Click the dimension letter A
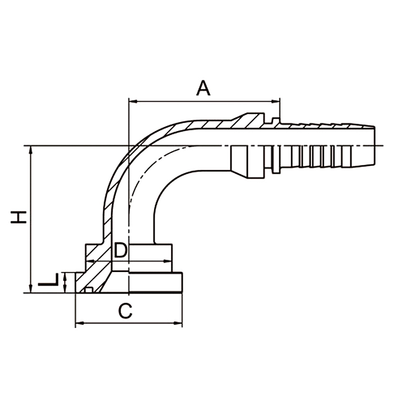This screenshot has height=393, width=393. [203, 88]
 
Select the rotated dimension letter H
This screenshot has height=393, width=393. [20, 217]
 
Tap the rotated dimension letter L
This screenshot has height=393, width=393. [49, 281]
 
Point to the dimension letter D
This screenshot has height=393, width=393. [121, 251]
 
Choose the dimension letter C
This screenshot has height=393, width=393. [126, 310]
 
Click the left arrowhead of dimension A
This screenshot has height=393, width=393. [133, 102]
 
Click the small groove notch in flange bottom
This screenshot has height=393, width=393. [87, 290]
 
